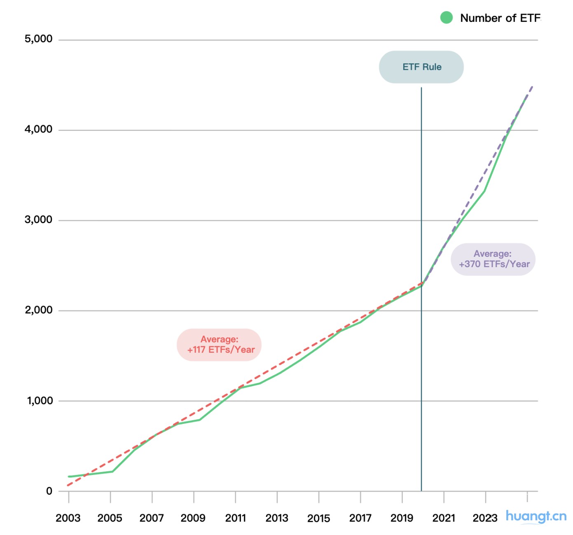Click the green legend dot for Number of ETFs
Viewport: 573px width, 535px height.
447,18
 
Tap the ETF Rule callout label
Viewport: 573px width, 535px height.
421,67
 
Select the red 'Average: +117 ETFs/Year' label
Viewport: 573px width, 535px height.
220,345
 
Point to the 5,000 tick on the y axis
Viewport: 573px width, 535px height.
39,39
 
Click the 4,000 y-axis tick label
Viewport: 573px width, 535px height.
39,129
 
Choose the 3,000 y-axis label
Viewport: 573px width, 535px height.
39,220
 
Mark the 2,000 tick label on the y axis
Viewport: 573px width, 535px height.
39,310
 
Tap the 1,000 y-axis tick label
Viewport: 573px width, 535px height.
40,400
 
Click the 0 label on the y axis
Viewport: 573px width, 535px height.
49,491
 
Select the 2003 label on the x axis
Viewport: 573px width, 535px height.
68,518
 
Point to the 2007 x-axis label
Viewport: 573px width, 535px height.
152,518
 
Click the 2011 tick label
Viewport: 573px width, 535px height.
235,518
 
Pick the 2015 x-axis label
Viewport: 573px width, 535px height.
318,518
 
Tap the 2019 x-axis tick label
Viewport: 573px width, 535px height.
402,518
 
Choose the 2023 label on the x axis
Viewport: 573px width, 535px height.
485,518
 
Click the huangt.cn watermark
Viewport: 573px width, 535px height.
536,516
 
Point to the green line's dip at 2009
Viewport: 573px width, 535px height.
199,420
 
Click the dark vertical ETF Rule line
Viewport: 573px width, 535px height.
421,370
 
